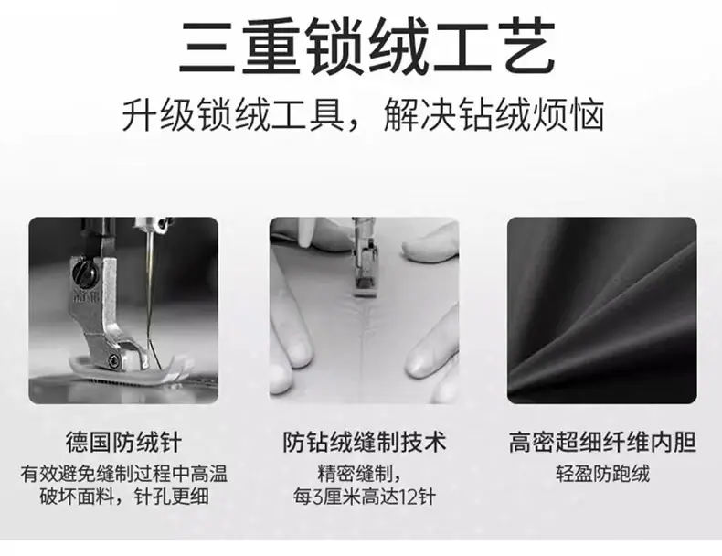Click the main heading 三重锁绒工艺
(366, 47)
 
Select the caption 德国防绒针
(123, 443)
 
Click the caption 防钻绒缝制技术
(365, 443)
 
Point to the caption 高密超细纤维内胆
(602, 443)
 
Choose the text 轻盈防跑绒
(602, 474)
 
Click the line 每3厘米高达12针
(365, 497)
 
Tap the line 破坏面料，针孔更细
(124, 497)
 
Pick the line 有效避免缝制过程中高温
(124, 474)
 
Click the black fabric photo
(602, 311)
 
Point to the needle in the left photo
(150, 294)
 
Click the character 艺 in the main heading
(526, 47)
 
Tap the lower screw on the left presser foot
(112, 360)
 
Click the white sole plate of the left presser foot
(124, 369)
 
